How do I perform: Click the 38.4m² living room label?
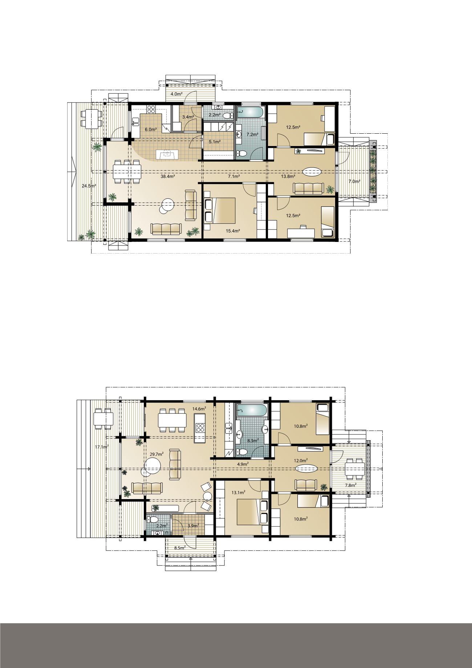(x=168, y=177)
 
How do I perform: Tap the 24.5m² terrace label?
(x=89, y=186)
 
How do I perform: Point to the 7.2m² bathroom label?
(x=252, y=134)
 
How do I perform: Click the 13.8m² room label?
(x=288, y=177)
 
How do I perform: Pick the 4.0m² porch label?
(x=176, y=94)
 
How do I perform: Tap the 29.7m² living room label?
(x=156, y=454)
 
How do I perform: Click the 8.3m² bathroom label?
(x=253, y=440)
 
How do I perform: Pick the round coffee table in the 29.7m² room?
(x=152, y=465)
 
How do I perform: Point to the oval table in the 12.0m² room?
(x=307, y=468)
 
